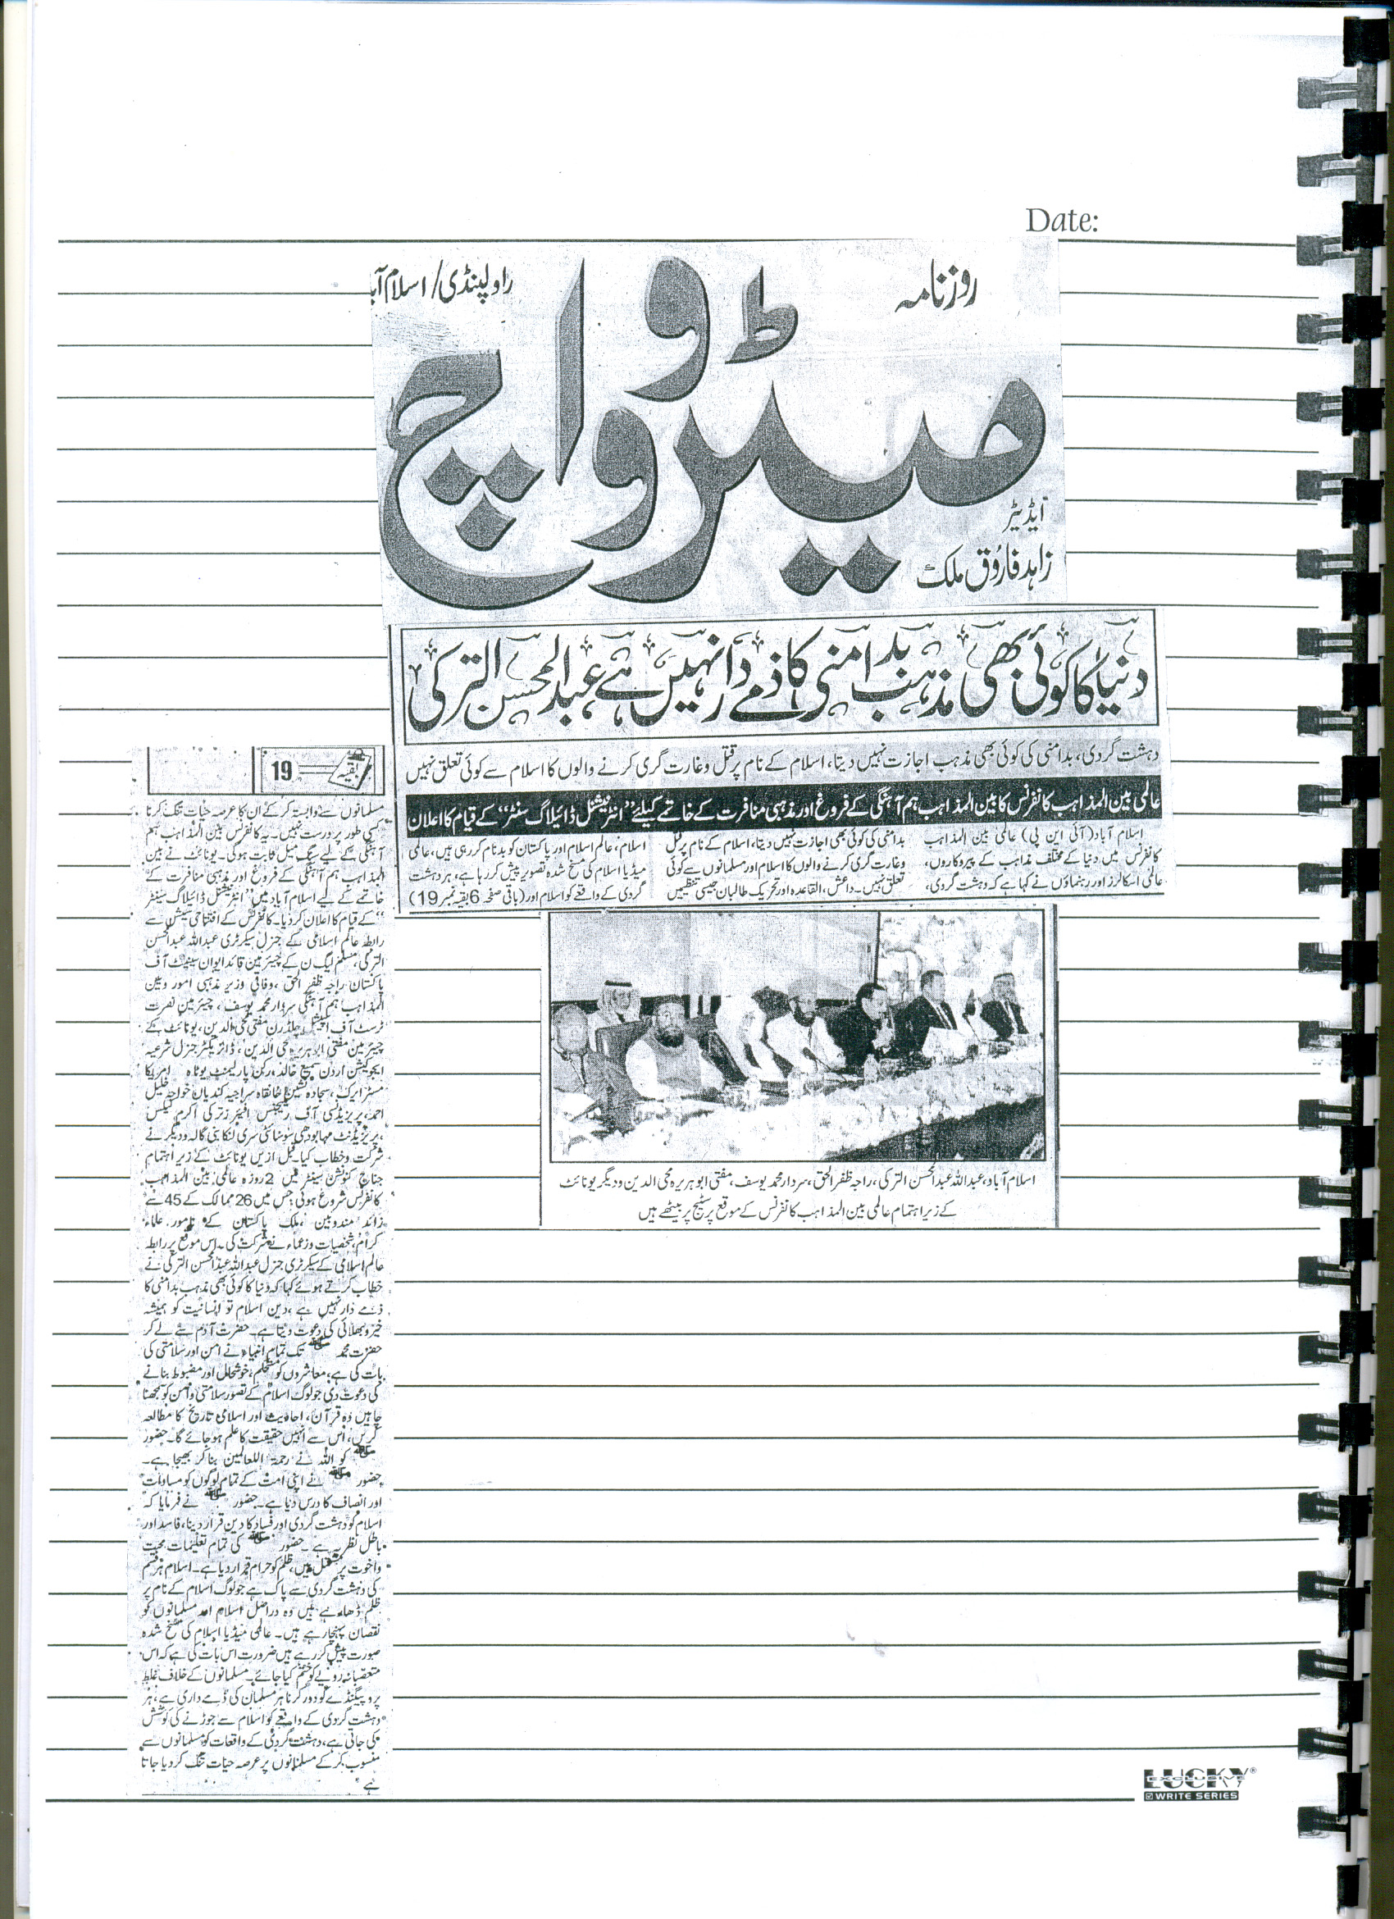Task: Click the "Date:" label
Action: [1062, 221]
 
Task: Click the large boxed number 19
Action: [282, 770]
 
